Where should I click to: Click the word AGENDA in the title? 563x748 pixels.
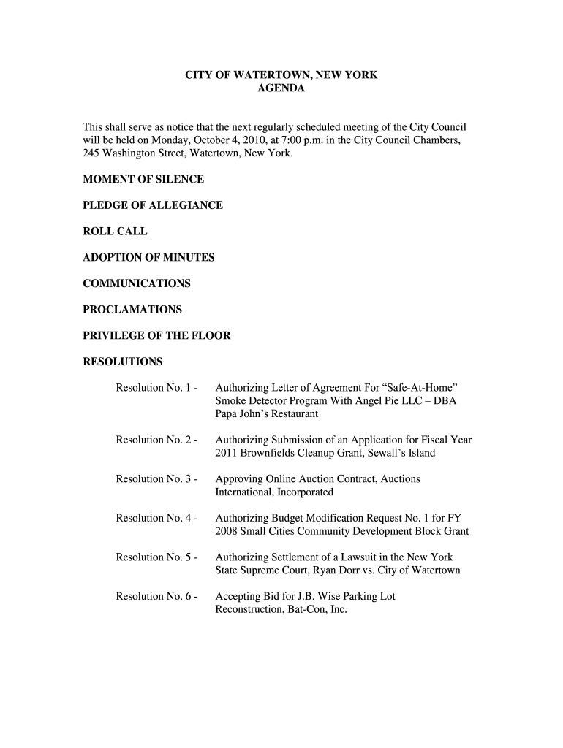281,88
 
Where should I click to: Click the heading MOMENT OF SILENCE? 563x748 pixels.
143,179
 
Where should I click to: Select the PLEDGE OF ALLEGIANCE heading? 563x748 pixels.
152,205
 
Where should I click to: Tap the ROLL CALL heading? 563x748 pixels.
115,232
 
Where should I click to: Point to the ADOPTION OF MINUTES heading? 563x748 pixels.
148,257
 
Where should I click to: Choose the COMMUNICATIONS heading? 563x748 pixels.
137,283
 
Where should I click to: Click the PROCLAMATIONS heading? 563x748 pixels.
132,310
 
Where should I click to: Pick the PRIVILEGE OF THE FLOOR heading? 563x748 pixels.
156,336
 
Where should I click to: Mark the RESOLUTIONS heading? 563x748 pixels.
123,362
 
